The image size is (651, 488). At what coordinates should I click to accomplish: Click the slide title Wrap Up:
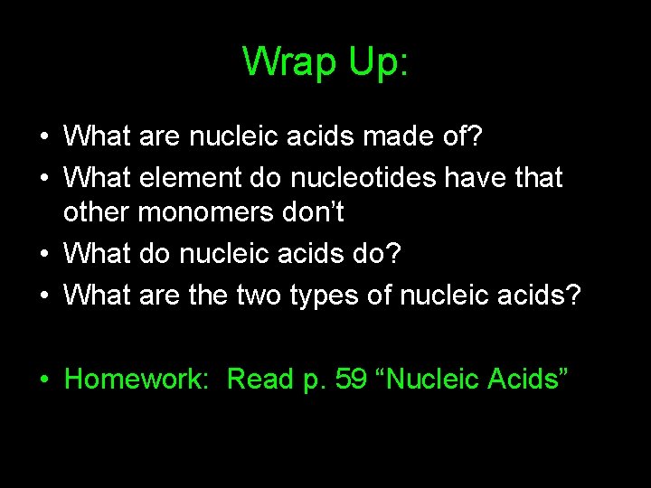325,61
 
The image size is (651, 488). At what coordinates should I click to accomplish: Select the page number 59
352,379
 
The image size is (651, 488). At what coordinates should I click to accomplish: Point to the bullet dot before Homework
44,380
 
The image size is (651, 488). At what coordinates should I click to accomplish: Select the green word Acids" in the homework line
528,379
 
